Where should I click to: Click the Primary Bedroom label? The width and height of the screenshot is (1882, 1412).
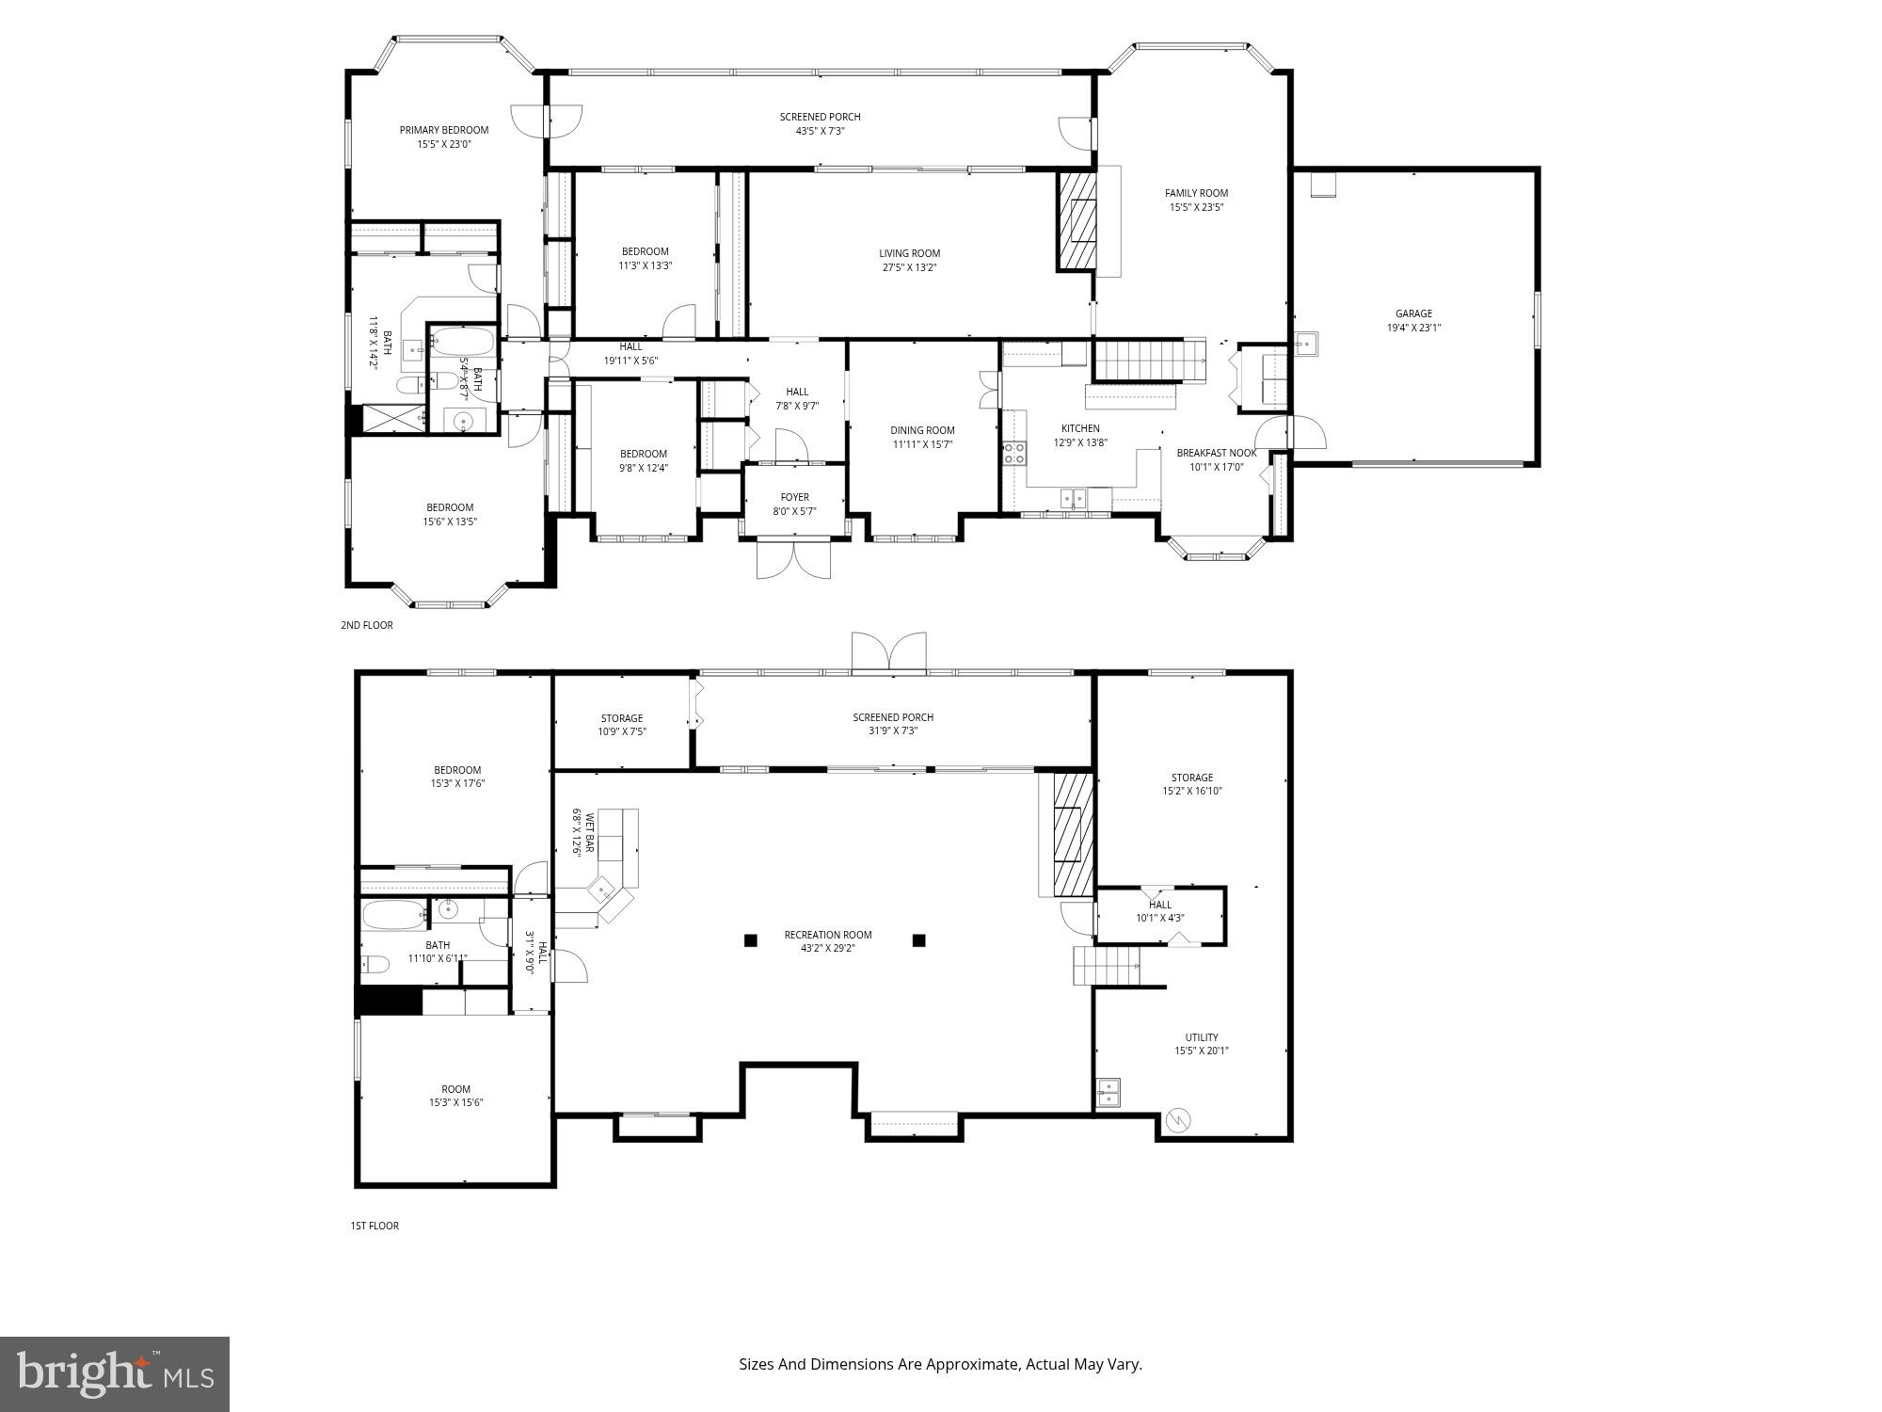[x=443, y=130]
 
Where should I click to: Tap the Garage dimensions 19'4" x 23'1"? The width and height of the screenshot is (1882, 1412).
[x=1413, y=329]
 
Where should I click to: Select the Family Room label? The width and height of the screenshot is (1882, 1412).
[x=1196, y=193]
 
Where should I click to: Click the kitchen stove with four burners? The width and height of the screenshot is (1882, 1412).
[x=1013, y=454]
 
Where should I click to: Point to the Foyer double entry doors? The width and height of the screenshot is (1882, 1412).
[x=793, y=559]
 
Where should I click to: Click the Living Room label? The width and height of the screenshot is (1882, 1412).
[x=909, y=253]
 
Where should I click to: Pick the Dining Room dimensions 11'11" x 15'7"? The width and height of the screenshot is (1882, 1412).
[x=922, y=444]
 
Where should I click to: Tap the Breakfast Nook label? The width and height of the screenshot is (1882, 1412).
[x=1216, y=453]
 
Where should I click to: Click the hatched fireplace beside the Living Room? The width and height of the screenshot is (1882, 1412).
[x=1077, y=222]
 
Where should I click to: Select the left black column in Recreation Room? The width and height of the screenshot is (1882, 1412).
[x=750, y=939]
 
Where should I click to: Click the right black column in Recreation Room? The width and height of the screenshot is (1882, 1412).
[x=918, y=939]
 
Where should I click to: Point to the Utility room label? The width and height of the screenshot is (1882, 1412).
[x=1201, y=1037]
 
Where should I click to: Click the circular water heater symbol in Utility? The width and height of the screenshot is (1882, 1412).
[x=1177, y=1120]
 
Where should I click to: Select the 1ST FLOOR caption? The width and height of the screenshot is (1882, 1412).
[x=374, y=1226]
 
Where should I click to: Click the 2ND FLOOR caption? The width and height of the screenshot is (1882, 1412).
[x=366, y=625]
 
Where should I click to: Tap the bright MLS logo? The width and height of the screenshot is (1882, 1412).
[x=114, y=1373]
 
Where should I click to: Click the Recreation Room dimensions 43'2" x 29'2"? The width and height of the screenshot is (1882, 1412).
[x=828, y=949]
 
